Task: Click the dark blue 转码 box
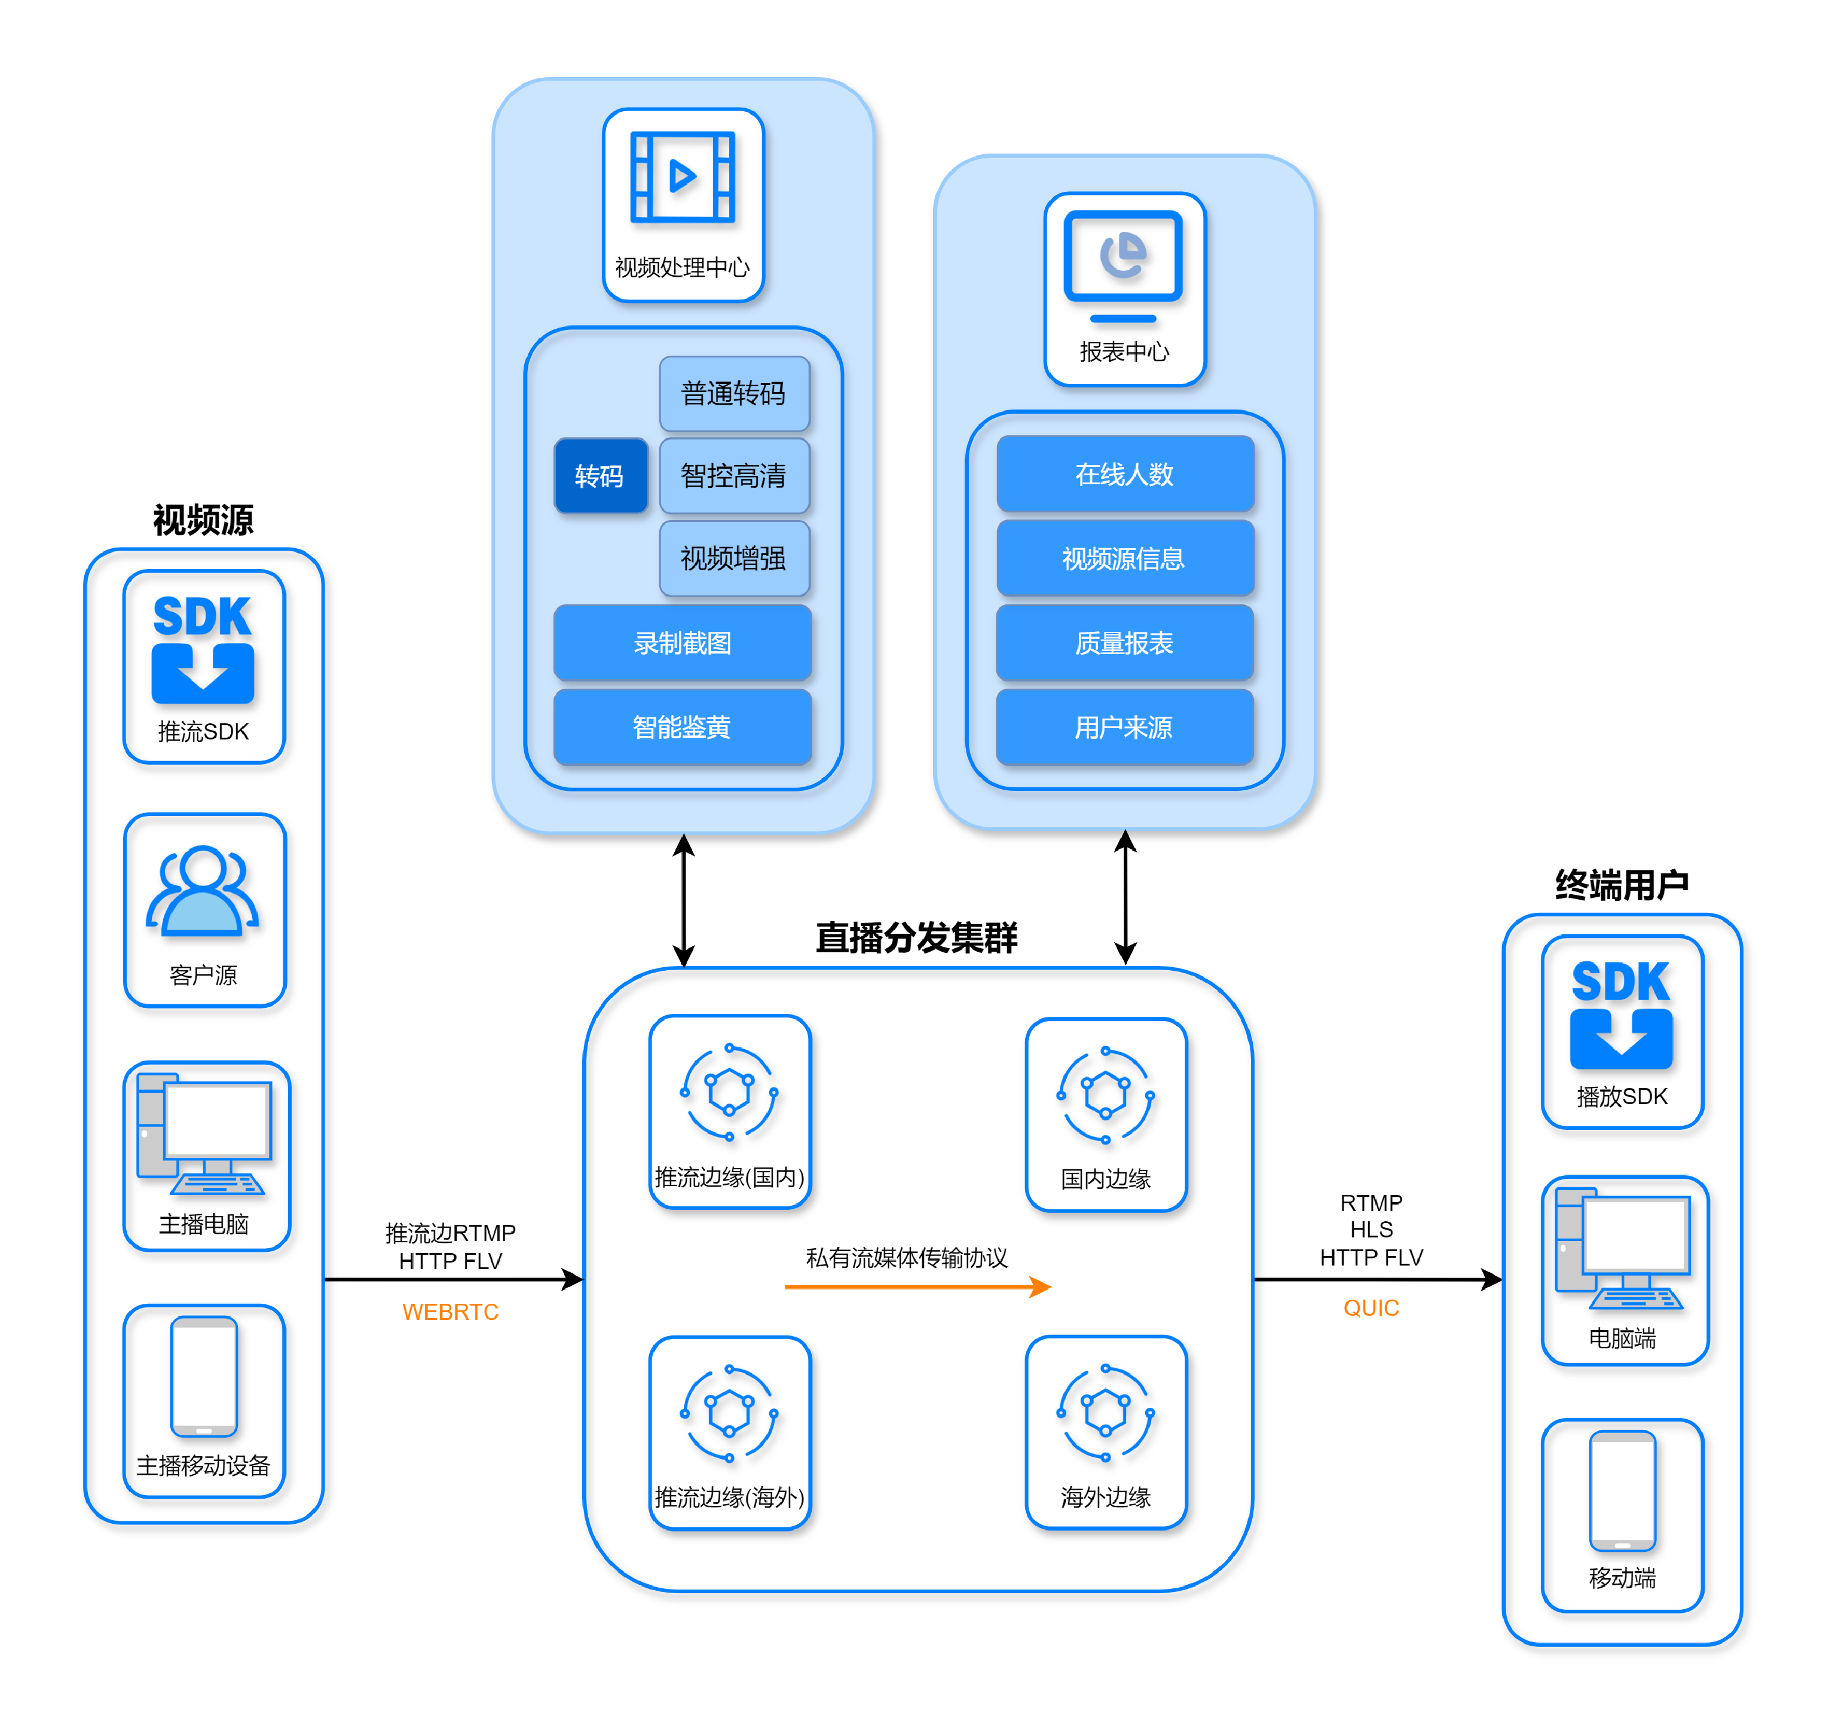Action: [600, 476]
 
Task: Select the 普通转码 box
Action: [734, 393]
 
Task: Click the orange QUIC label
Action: [1371, 1308]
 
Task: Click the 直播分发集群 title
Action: [916, 937]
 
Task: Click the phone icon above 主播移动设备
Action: [204, 1377]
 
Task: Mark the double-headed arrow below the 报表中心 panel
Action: [1125, 897]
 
